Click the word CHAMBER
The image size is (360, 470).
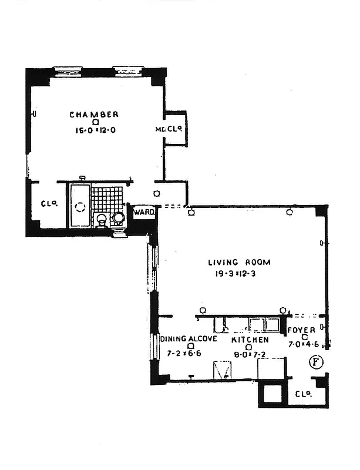[94, 115]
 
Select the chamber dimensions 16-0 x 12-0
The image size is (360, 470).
[94, 132]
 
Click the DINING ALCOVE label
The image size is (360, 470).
[189, 339]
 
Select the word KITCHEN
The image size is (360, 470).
[250, 340]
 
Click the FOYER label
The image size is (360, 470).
[301, 330]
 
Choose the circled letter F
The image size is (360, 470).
[317, 362]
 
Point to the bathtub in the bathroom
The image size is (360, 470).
[80, 206]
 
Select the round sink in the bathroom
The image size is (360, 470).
[119, 219]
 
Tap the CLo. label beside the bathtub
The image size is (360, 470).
[48, 204]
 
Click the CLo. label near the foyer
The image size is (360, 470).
[303, 394]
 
